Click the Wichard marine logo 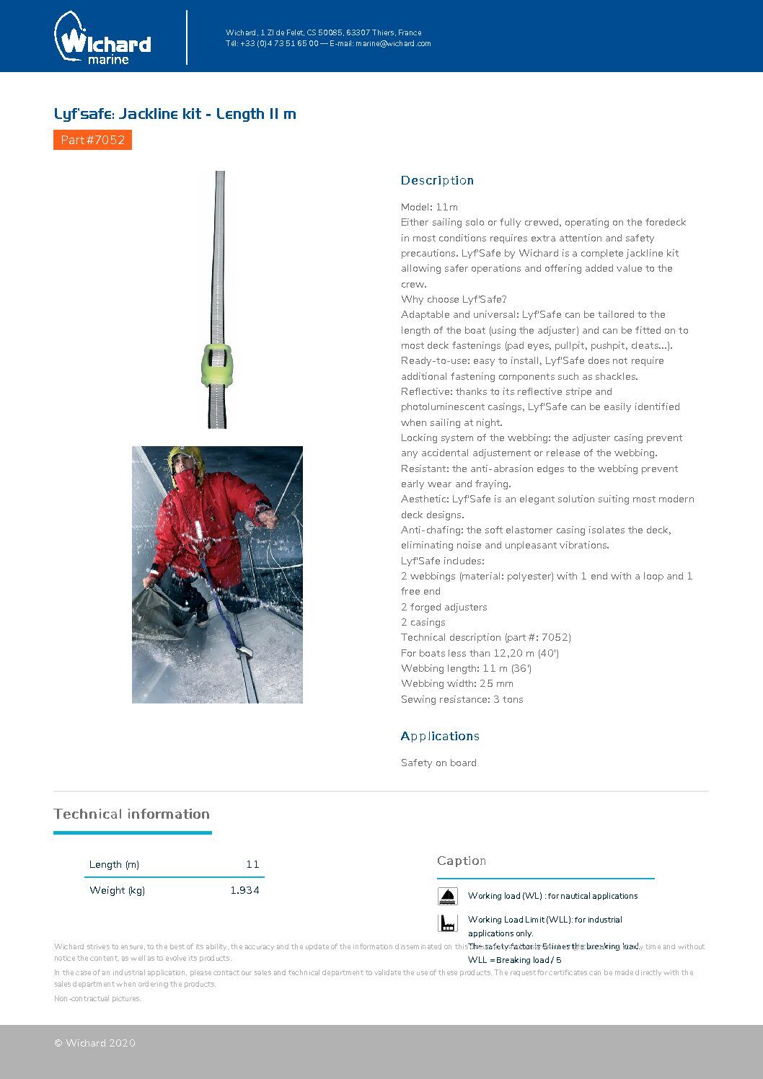[102, 39]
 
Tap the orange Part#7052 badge [92, 140]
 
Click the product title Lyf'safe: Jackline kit [175, 114]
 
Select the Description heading [437, 180]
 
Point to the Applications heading [440, 736]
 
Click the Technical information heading [131, 814]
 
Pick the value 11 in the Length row [252, 864]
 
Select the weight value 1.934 [244, 890]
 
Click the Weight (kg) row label [117, 890]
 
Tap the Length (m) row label [114, 864]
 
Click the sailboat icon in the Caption [448, 896]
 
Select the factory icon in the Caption [448, 923]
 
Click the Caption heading [462, 861]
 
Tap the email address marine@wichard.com [393, 43]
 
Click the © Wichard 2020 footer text [94, 1043]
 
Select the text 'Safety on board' [438, 763]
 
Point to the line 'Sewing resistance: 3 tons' [462, 699]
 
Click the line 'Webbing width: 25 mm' [457, 683]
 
